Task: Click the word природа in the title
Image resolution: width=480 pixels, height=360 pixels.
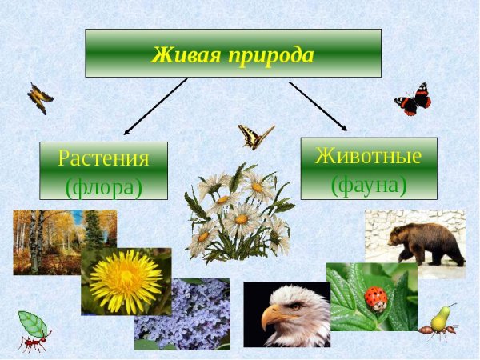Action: click(x=269, y=56)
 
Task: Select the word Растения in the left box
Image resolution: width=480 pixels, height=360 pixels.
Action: click(x=103, y=158)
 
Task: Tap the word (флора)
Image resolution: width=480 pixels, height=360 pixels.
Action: click(x=103, y=186)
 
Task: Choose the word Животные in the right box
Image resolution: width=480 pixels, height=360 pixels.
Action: click(x=368, y=155)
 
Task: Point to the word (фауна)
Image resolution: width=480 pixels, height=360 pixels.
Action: click(x=369, y=183)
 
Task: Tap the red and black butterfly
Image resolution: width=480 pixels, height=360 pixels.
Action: click(x=413, y=100)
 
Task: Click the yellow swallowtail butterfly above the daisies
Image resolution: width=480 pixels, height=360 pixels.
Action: click(x=255, y=137)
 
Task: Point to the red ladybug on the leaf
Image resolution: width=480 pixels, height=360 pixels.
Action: click(x=375, y=299)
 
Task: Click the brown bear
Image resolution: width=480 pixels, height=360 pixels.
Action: click(x=426, y=242)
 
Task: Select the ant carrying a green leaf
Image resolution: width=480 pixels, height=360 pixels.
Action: click(x=34, y=331)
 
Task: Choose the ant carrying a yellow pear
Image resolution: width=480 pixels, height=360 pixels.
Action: click(x=442, y=324)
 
